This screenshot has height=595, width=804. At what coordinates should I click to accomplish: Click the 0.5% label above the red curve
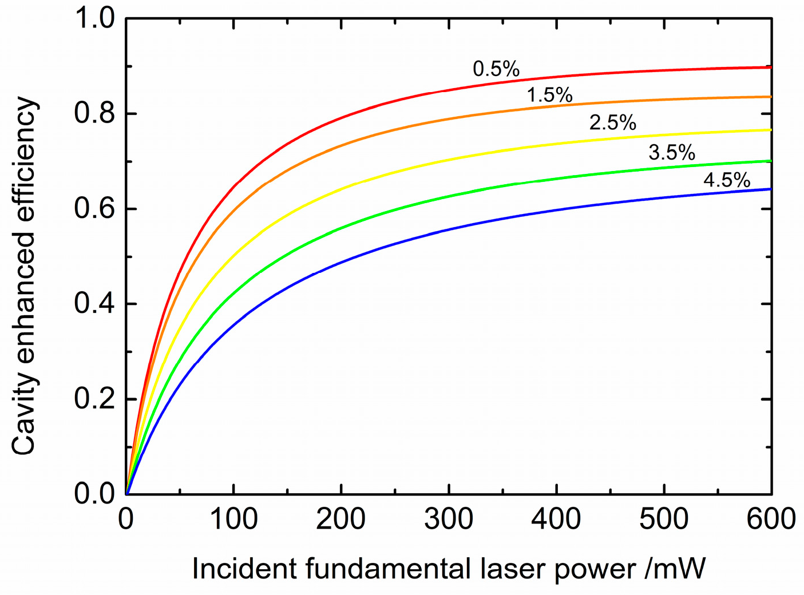coord(496,69)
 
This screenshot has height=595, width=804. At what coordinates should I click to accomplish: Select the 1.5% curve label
coord(549,95)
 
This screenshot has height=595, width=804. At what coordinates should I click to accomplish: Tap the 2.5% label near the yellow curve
coord(613,123)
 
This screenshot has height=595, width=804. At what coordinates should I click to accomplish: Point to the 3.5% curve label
coord(672,153)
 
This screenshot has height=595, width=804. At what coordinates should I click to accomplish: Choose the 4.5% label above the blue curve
coord(727,181)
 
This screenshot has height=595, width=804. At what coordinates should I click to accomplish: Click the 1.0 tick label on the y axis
coord(94,19)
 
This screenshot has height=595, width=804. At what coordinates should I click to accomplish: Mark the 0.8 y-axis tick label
coord(94,114)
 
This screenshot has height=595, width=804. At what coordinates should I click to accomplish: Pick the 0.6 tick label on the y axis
coord(94,209)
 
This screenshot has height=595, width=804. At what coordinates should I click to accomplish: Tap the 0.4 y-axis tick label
coord(94,304)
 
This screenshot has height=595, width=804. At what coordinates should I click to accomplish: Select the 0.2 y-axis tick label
coord(94,399)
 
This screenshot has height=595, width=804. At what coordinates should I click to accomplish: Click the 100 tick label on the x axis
coord(233,519)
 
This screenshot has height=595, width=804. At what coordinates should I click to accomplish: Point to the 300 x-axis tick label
coord(449,519)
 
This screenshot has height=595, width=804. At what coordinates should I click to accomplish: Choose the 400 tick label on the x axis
coord(556,519)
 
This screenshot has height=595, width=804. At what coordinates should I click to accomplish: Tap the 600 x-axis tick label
coord(771,519)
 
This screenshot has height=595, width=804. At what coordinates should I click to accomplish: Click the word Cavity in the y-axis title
coord(25,422)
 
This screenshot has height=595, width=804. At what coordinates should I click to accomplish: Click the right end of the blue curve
coord(770,189)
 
